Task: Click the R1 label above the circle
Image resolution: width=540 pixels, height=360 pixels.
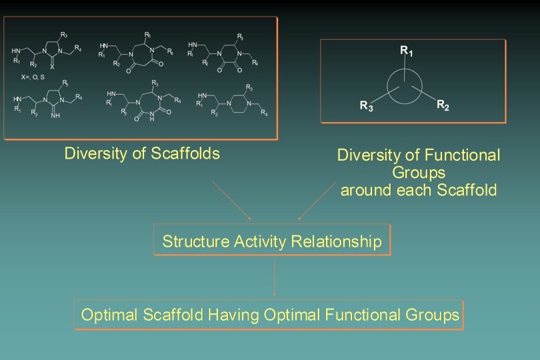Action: pos(405,50)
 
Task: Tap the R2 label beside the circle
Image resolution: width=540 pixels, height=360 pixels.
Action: pos(443,105)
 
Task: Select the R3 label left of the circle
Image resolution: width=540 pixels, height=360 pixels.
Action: pos(367,105)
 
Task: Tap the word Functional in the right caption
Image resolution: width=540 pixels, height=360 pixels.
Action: pos(465,156)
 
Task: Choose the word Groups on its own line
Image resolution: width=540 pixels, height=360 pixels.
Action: pos(419,173)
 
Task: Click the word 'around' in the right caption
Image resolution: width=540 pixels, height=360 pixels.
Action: pos(363,190)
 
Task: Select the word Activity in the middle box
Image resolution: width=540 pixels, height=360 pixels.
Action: pos(261,241)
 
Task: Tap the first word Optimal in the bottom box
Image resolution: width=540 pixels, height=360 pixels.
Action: pos(109,315)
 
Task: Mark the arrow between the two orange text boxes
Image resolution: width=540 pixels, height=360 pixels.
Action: pos(275,279)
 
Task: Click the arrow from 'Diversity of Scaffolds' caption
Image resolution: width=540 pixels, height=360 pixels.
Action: pos(232,200)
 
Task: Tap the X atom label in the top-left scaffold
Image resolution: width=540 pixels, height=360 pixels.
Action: pos(52,67)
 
